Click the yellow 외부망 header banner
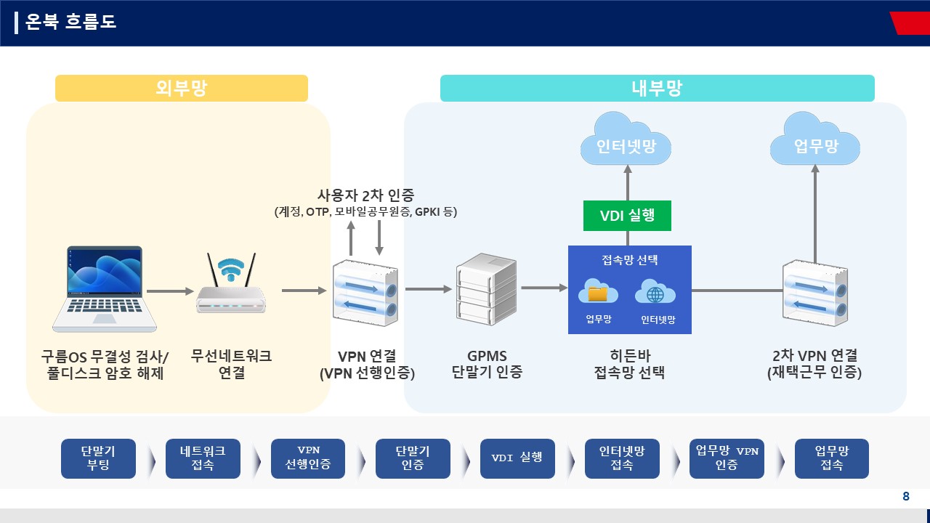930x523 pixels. [182, 88]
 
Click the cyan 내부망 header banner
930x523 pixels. [658, 88]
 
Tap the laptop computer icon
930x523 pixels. [104, 289]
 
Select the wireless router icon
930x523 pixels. [231, 283]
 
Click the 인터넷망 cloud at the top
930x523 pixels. [626, 139]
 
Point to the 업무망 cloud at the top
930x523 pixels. [815, 139]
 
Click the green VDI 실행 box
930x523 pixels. [627, 216]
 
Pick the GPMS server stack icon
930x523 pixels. [486, 289]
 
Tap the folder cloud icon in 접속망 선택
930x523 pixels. [598, 291]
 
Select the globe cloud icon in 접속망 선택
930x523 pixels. [655, 291]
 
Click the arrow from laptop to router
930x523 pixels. [170, 291]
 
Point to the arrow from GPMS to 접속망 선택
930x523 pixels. [544, 287]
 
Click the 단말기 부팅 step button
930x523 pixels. [98, 458]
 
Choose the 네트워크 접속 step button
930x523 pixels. [203, 458]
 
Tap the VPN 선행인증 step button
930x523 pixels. [308, 458]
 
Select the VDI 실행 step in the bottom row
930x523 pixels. [517, 458]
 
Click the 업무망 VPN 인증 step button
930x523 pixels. [727, 458]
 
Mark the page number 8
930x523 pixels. [906, 496]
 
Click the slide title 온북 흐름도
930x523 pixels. [70, 22]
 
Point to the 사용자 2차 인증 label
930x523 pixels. [365, 195]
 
